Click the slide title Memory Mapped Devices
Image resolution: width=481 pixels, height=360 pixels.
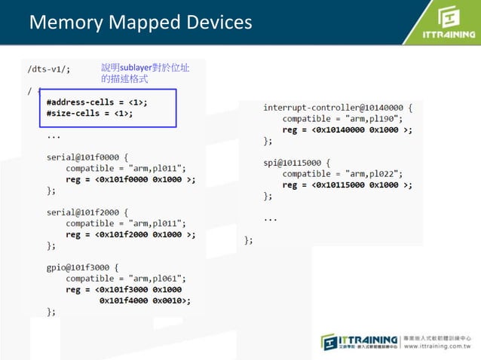pyautogui.click(x=140, y=23)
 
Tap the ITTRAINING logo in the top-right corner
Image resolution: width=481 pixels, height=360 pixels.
pyautogui.click(x=447, y=24)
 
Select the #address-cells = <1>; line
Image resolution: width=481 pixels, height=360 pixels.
pyautogui.click(x=97, y=102)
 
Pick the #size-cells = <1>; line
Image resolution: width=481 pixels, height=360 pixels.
pyautogui.click(x=89, y=114)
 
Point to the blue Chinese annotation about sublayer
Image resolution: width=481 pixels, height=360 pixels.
pyautogui.click(x=146, y=73)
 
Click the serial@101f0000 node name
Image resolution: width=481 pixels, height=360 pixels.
pyautogui.click(x=81, y=158)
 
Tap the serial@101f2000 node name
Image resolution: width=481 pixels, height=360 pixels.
pyautogui.click(x=81, y=212)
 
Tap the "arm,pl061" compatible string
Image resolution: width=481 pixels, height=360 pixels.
pyautogui.click(x=161, y=277)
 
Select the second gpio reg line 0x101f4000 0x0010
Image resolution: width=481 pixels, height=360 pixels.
pyautogui.click(x=144, y=299)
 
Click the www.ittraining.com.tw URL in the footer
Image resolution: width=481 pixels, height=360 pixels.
pyautogui.click(x=437, y=347)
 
